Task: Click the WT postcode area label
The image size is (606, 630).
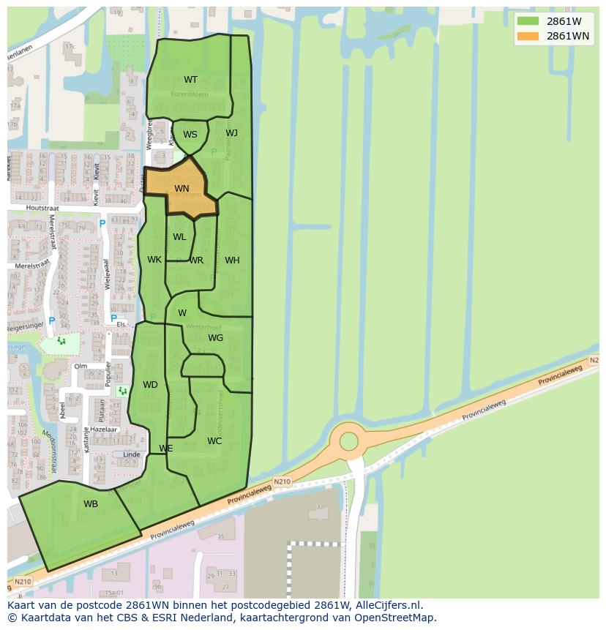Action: (x=190, y=80)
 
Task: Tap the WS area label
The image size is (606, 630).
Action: (x=190, y=135)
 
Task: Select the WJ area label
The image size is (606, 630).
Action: (x=231, y=133)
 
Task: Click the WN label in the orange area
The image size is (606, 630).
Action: (x=182, y=189)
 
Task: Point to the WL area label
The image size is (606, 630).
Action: (x=179, y=237)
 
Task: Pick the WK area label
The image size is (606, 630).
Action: (x=154, y=260)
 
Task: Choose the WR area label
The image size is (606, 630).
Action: (x=196, y=260)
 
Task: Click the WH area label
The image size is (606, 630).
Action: (x=232, y=260)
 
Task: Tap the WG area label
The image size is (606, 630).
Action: (x=215, y=338)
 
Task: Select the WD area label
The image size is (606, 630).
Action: (x=150, y=385)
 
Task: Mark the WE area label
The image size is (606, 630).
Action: (x=166, y=449)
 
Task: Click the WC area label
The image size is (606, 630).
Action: (x=214, y=441)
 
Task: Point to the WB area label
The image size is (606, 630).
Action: (x=91, y=504)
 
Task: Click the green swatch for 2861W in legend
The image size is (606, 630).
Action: (x=527, y=21)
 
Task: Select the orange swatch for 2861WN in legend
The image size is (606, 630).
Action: (x=527, y=36)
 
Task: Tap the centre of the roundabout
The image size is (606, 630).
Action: (x=349, y=441)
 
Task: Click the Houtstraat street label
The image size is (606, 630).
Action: (x=45, y=208)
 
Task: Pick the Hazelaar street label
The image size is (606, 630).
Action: (x=101, y=430)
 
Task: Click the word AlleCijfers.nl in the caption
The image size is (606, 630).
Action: (x=387, y=605)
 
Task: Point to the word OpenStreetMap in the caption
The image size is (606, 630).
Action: (x=393, y=618)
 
